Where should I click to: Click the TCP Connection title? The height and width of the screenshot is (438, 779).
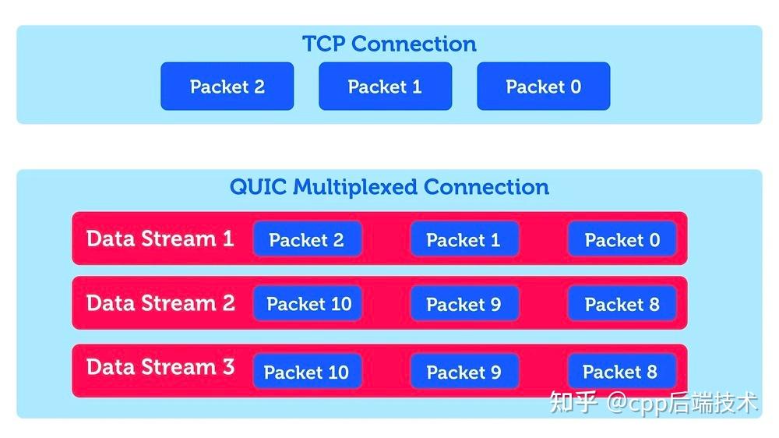tap(389, 44)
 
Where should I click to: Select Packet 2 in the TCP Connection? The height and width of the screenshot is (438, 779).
tap(227, 87)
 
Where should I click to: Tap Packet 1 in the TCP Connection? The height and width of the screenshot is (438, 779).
tap(385, 87)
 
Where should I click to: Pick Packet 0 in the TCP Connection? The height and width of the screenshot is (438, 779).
tap(543, 87)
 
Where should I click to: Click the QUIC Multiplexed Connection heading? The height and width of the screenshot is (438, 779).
tap(389, 187)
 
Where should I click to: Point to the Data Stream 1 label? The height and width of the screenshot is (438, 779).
tap(160, 238)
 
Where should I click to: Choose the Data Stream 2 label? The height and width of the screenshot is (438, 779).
tap(160, 303)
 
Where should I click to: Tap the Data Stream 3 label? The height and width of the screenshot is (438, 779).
tap(160, 367)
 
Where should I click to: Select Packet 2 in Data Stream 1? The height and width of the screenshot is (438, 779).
tap(306, 239)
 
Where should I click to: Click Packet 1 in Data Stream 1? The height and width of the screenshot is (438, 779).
tap(464, 239)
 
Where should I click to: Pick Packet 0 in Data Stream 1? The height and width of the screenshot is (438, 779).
tap(622, 239)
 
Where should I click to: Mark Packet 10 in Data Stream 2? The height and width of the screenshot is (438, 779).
tap(308, 304)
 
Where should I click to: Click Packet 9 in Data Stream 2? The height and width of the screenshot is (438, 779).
tap(464, 304)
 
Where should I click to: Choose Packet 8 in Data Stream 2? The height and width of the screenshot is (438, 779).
tap(622, 304)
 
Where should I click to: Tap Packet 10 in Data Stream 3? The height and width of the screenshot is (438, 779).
tap(306, 372)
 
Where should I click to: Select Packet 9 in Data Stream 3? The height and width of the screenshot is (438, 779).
tap(464, 372)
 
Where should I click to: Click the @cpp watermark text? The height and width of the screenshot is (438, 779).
tap(639, 402)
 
